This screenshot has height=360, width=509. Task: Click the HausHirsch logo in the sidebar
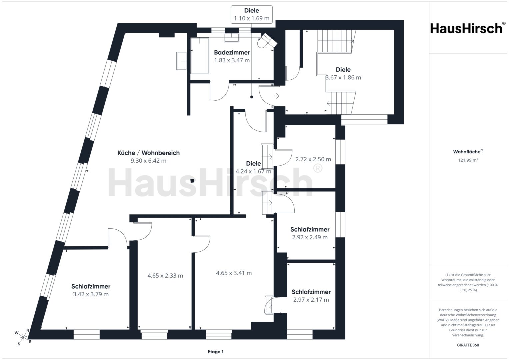coord(467,28)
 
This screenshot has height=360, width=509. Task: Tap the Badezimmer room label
coord(232,53)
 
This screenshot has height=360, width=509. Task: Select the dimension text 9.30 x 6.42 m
coord(148,161)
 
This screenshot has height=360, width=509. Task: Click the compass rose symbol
coord(23,337)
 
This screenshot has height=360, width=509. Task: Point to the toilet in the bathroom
coord(267,41)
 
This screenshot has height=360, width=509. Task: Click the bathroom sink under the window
coord(232,37)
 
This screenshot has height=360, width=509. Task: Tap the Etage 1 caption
coord(216,352)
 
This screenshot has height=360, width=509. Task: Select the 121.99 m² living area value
coord(468,160)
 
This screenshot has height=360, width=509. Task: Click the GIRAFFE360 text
coord(468,345)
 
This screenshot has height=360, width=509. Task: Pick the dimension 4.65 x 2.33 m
coord(165,276)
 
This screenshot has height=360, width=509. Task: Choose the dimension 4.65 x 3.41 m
coord(234,273)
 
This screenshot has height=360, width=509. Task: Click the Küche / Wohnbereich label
coord(148,153)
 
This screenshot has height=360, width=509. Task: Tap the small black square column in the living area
coord(192,181)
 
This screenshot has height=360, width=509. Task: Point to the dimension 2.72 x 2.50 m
coord(313,159)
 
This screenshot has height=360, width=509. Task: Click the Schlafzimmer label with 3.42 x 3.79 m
coord(91,286)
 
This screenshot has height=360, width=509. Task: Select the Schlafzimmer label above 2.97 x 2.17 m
coord(311,292)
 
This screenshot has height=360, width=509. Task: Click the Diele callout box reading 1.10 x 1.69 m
coord(252,15)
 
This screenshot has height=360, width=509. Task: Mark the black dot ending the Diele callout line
coord(252,97)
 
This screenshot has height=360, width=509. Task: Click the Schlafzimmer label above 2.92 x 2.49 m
coord(310,229)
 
